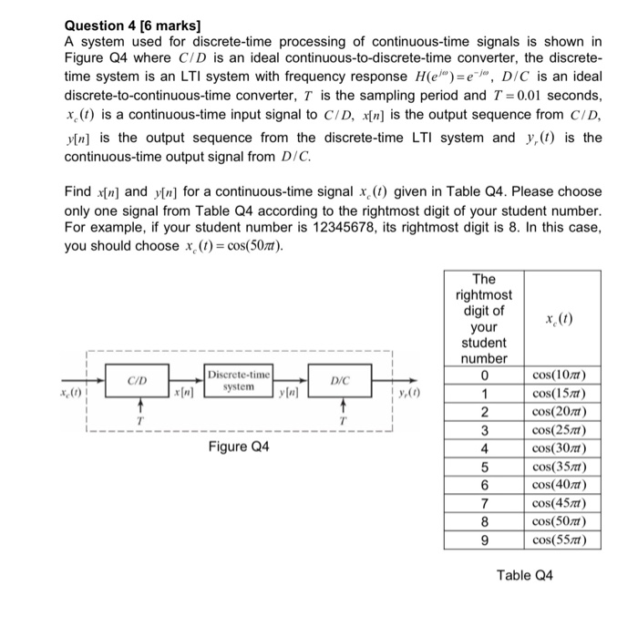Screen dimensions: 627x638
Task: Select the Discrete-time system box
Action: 238,381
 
